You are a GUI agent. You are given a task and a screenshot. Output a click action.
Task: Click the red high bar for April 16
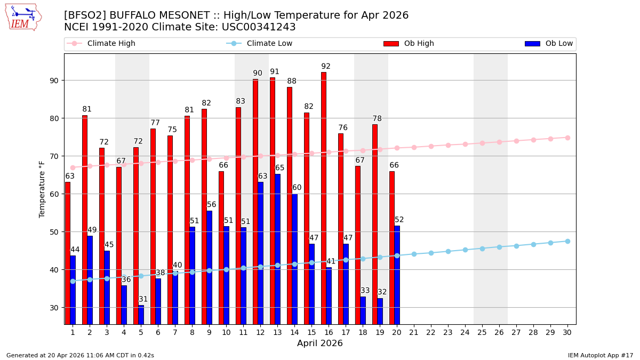click(324, 197)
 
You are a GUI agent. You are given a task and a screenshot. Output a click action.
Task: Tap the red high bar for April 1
click(68, 253)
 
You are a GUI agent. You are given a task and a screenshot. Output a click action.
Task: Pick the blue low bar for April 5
click(141, 315)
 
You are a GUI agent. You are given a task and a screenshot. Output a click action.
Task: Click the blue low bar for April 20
click(397, 275)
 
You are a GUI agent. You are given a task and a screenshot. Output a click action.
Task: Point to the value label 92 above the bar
click(326, 67)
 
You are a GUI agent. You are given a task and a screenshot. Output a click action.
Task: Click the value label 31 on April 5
click(143, 299)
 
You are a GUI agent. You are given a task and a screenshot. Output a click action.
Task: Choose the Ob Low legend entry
click(549, 44)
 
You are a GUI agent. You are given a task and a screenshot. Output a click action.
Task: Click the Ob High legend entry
click(409, 44)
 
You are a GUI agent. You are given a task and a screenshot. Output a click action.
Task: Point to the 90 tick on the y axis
click(54, 81)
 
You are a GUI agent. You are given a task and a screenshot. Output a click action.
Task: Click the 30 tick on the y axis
click(54, 308)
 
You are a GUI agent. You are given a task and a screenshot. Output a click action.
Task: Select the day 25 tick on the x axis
click(482, 332)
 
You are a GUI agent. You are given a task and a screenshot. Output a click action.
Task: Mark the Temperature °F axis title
click(42, 189)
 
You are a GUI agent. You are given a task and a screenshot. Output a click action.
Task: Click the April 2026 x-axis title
click(320, 343)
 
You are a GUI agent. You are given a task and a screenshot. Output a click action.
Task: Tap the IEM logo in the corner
click(23, 17)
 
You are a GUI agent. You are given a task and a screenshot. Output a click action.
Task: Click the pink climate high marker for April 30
click(567, 138)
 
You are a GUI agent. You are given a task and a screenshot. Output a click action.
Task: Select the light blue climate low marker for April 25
click(482, 249)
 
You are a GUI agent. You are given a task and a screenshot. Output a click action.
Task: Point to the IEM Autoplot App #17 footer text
click(600, 355)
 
